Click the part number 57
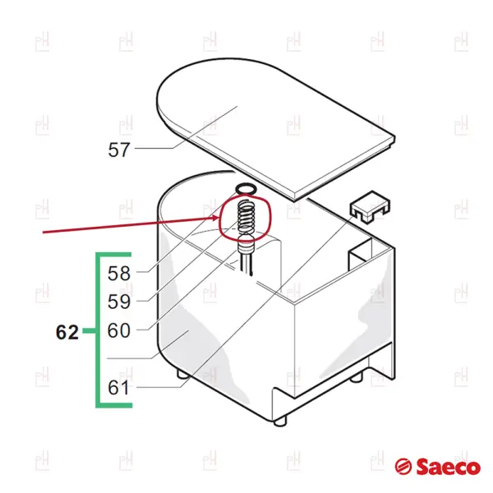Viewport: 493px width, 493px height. [119, 150]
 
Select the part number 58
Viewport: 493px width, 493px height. [119, 274]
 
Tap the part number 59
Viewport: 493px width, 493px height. [119, 302]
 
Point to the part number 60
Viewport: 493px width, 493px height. [119, 330]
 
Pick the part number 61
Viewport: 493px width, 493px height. [119, 388]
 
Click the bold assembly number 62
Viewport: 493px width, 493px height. [67, 332]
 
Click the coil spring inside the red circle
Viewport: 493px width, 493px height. [246, 217]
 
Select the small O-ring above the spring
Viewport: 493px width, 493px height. [246, 189]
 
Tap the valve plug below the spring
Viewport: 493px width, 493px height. [245, 246]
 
